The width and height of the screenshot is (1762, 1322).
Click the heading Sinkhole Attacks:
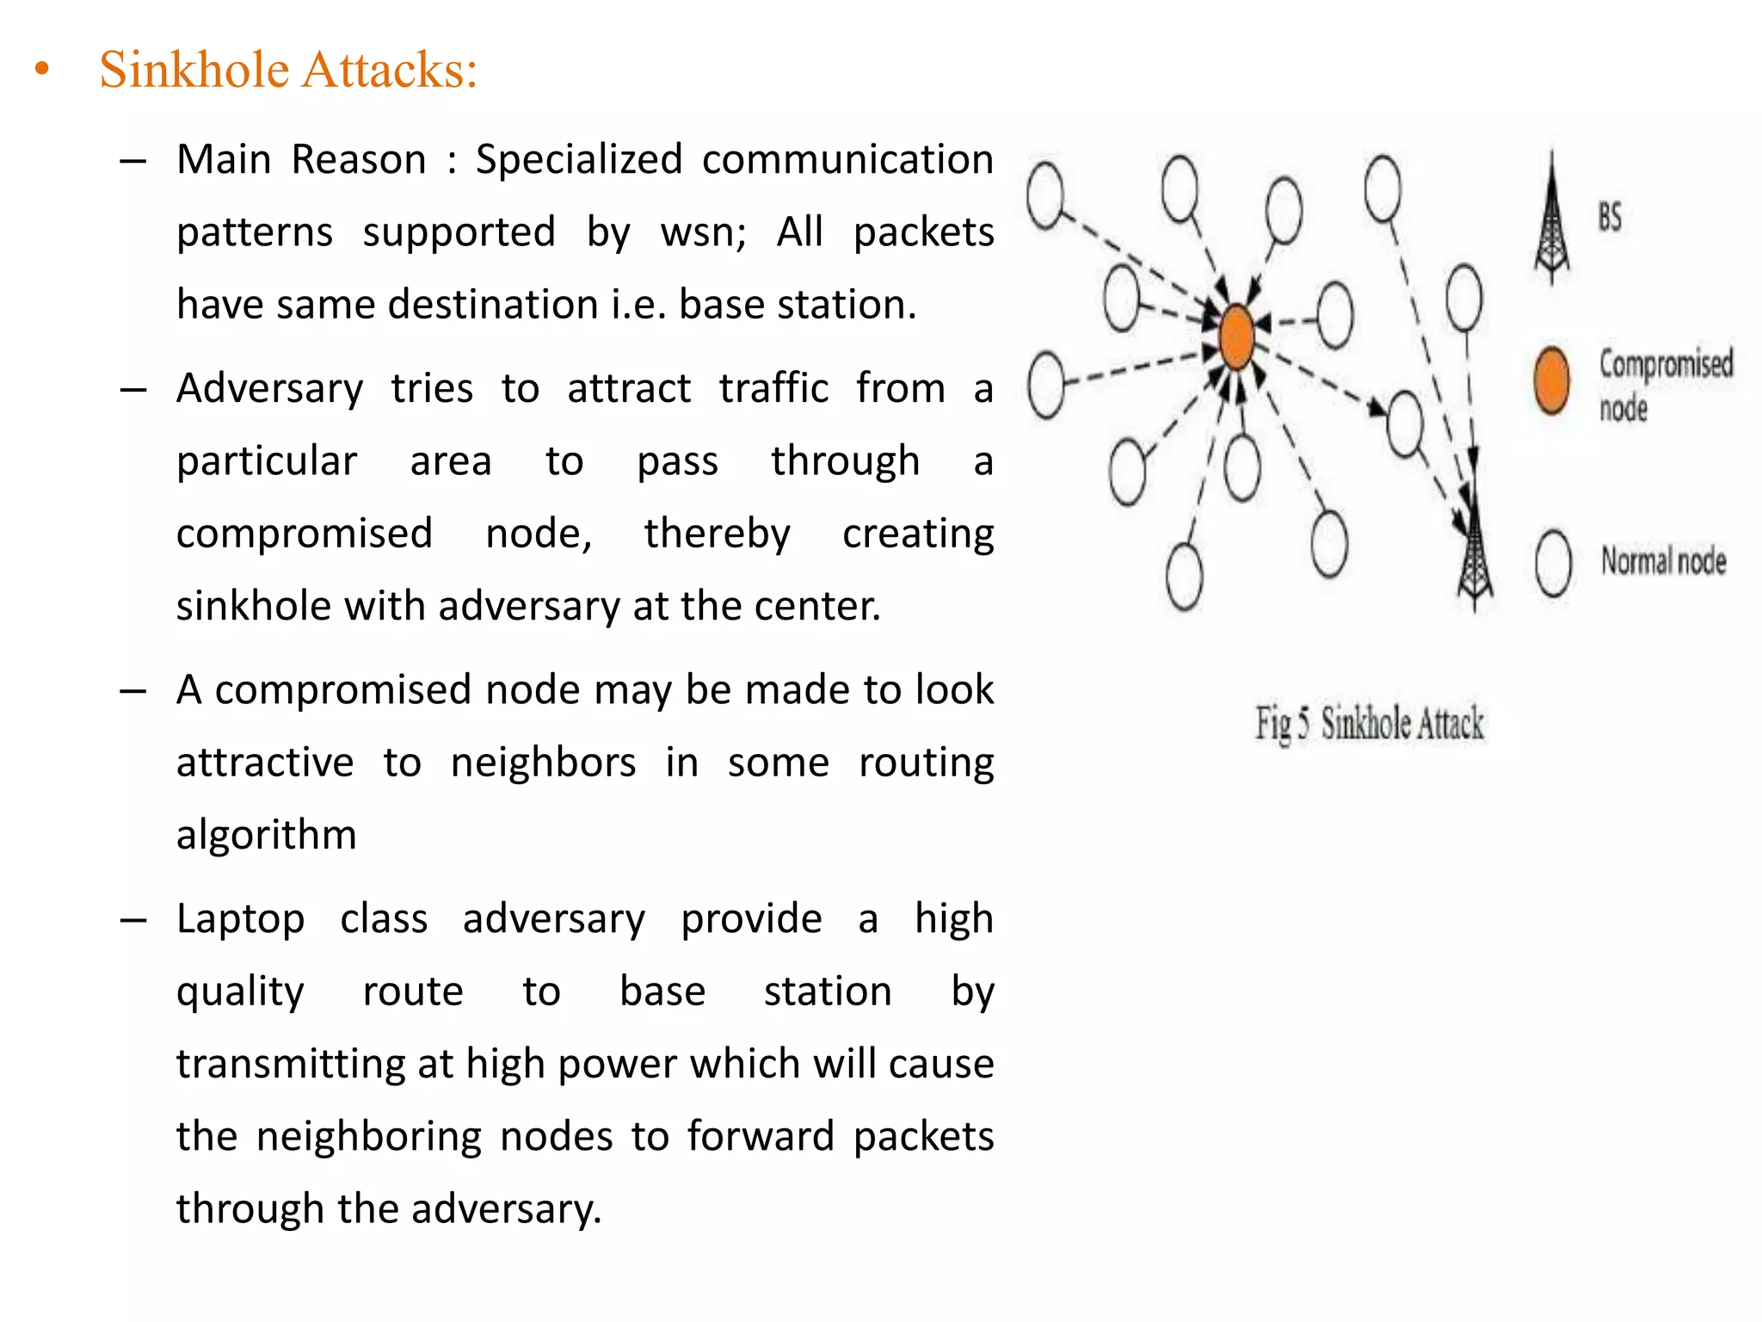pyautogui.click(x=287, y=70)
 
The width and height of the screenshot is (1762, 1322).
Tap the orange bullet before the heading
pyautogui.click(x=42, y=70)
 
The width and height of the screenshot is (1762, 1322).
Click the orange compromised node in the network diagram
pyautogui.click(x=1236, y=337)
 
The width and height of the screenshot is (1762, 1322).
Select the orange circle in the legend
pyautogui.click(x=1551, y=381)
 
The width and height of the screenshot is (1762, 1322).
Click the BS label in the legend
pyautogui.click(x=1610, y=217)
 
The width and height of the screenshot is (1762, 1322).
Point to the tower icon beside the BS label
pyautogui.click(x=1552, y=220)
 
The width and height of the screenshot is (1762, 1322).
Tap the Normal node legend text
pyautogui.click(x=1663, y=561)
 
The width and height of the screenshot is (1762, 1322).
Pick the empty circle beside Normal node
pyautogui.click(x=1554, y=563)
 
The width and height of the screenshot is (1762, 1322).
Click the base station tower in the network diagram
pyautogui.click(x=1475, y=551)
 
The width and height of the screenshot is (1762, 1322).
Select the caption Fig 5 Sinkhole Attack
pyautogui.click(x=1369, y=723)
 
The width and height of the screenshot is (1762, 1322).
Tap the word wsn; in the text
pyautogui.click(x=703, y=232)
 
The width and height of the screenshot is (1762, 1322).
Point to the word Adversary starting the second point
pyautogui.click(x=270, y=389)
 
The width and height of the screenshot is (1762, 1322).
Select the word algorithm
pyautogui.click(x=267, y=835)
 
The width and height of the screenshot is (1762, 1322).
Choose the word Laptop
pyautogui.click(x=241, y=919)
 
